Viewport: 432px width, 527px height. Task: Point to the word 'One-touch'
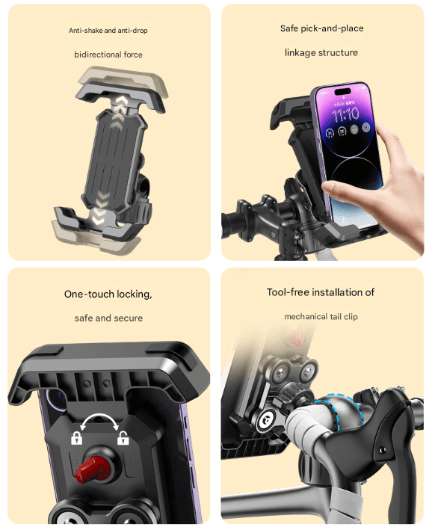[89, 294]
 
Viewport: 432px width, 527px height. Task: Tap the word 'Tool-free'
[288, 292]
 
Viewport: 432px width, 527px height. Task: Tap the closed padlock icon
[76, 438]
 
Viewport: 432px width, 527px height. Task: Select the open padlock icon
[123, 438]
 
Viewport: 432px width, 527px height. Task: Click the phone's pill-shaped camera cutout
[343, 91]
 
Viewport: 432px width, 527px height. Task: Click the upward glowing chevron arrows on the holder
[120, 108]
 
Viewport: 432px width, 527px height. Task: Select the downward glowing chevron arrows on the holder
[100, 209]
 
